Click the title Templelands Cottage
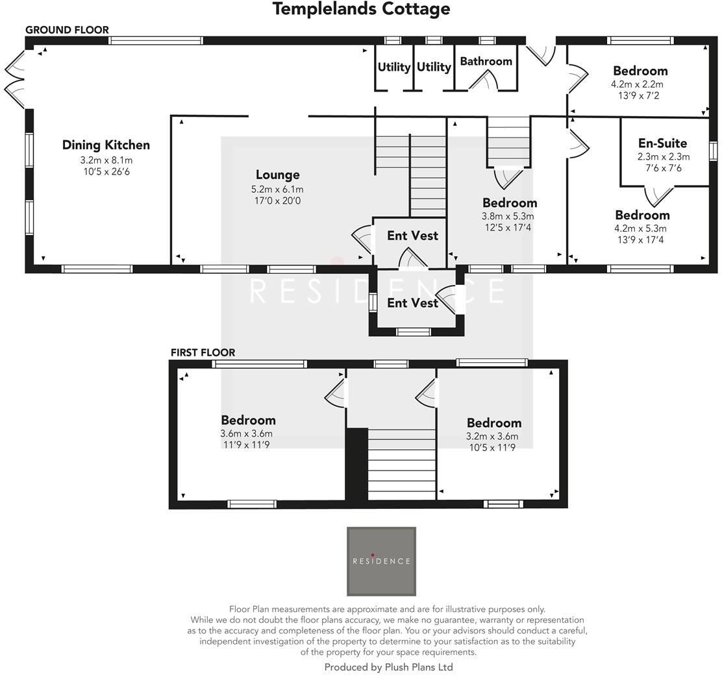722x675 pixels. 361,9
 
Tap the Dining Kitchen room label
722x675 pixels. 106,145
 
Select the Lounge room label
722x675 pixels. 277,175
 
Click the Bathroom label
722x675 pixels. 486,61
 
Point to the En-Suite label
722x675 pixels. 662,143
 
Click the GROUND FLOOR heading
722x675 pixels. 67,30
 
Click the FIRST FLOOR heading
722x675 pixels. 203,352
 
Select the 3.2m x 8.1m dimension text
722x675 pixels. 106,160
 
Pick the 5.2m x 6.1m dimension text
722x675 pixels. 277,190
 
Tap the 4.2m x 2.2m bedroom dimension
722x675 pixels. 637,84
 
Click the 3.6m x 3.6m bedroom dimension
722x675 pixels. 247,434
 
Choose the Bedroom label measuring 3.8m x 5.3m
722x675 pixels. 509,202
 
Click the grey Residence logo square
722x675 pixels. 381,561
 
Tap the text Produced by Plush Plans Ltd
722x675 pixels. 388,667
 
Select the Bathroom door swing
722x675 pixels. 484,80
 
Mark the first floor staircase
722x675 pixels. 401,464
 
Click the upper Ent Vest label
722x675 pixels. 412,236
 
